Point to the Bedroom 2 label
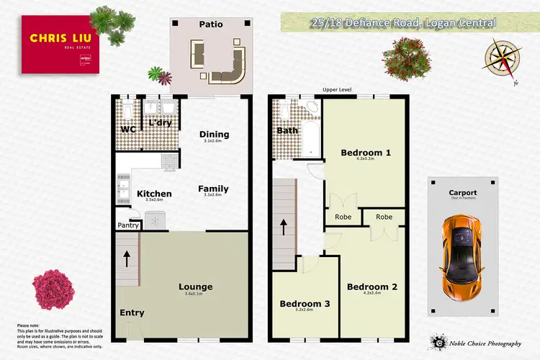372,287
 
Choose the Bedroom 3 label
305,304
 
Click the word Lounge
195,287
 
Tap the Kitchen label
154,194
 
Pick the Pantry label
128,225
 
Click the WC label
128,130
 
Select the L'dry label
161,124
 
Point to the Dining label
214,134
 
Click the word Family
213,189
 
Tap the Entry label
132,312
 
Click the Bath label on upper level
287,131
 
